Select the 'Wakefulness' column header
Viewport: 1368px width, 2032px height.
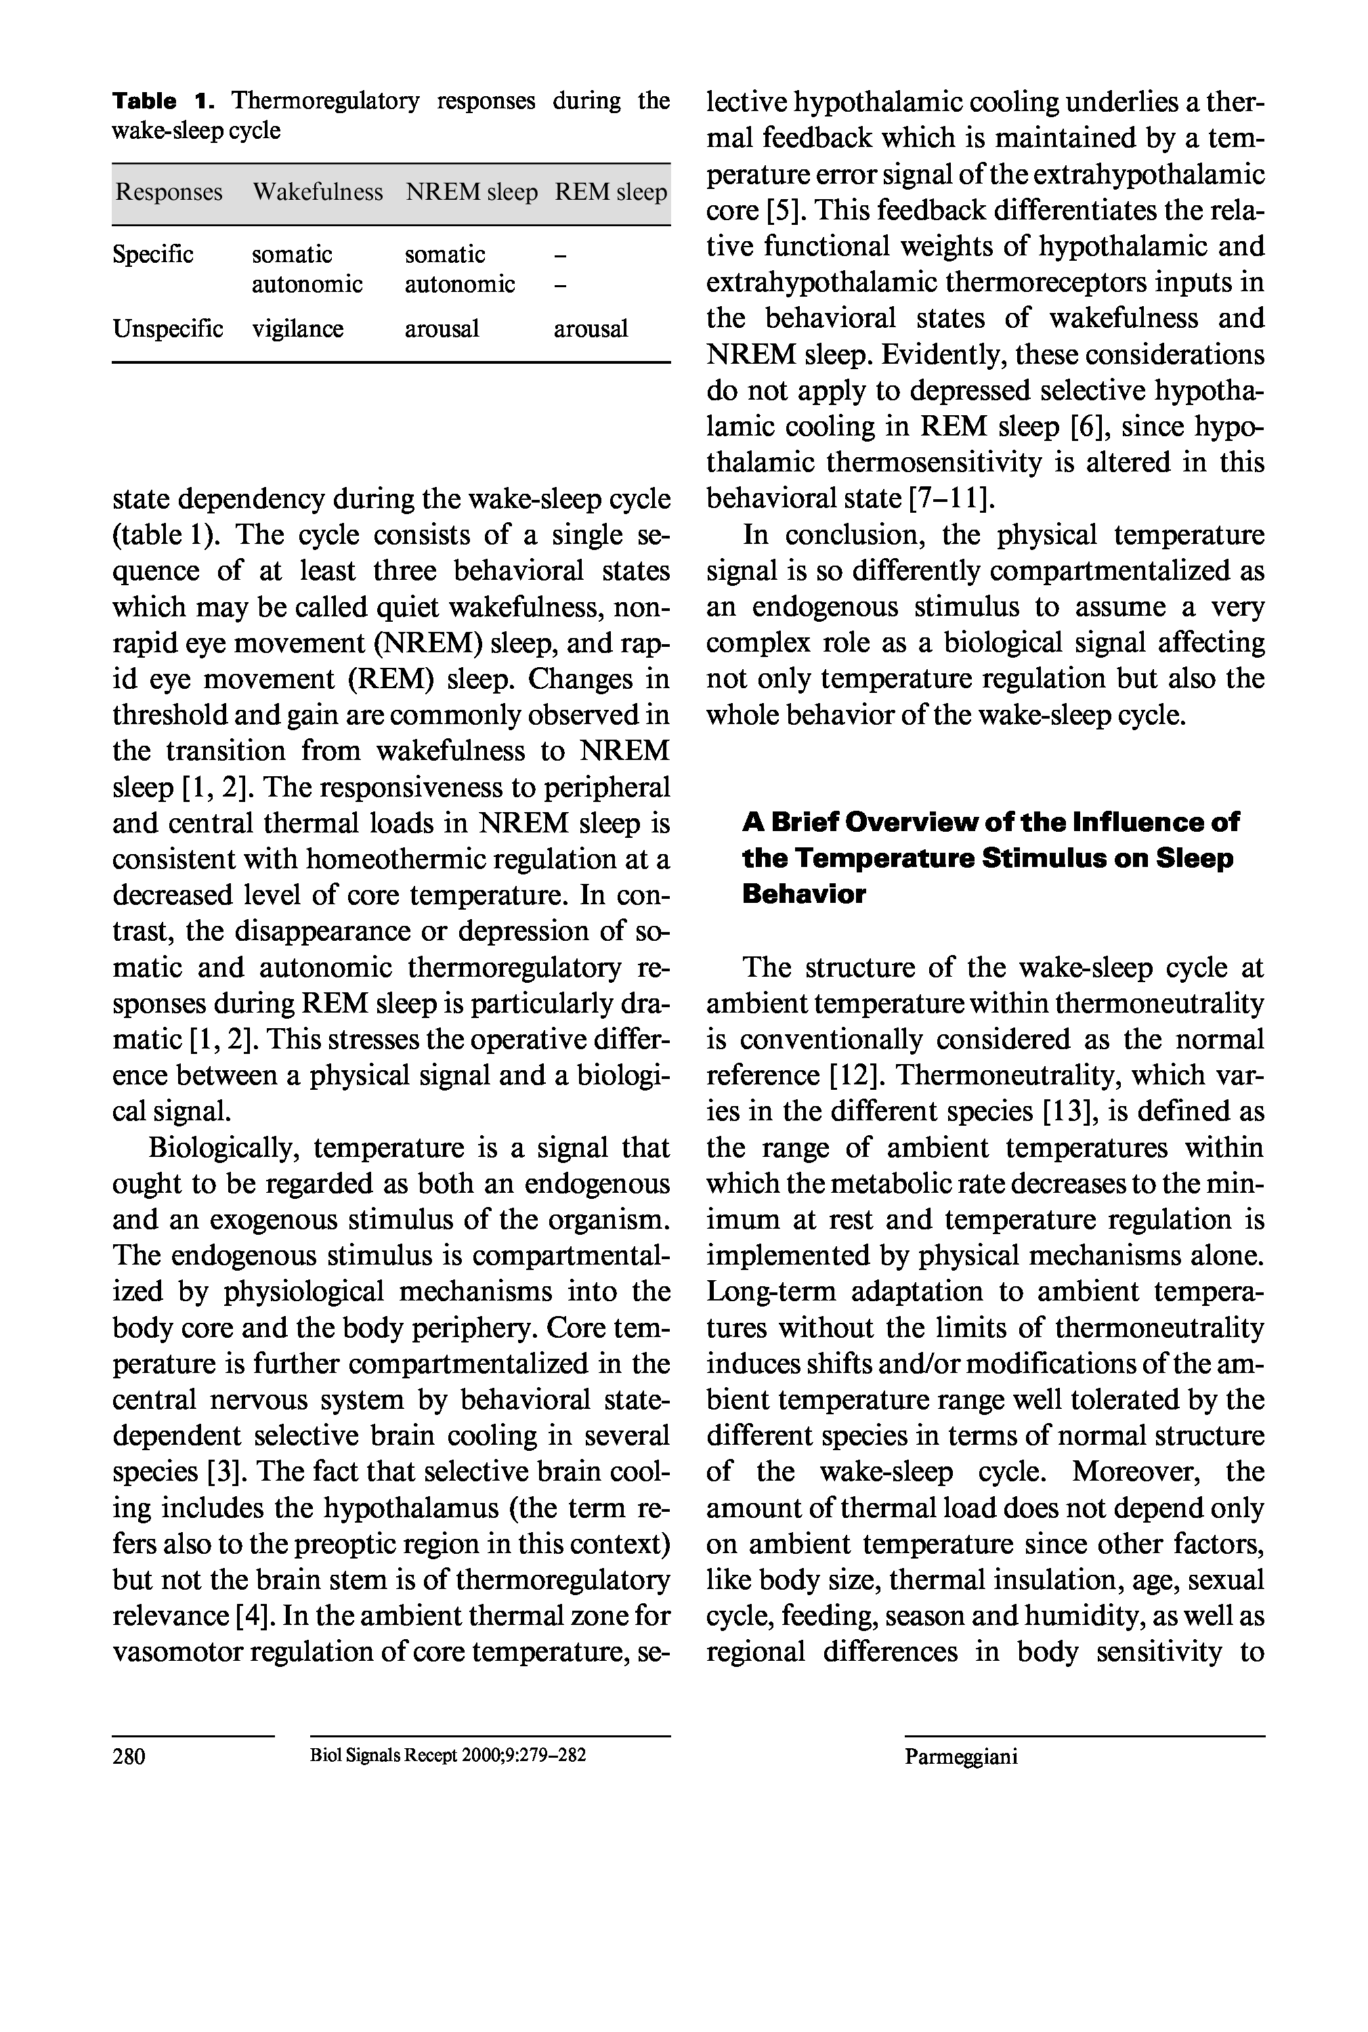coord(318,192)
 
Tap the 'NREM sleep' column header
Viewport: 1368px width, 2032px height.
coord(471,192)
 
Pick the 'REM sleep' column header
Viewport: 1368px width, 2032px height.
coord(611,192)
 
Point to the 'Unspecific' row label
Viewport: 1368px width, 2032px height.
coord(167,329)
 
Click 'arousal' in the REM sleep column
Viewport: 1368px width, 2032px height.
coord(591,329)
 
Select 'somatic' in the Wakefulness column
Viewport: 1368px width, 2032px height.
coord(291,255)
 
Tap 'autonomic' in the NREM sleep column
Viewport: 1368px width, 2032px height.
coord(460,284)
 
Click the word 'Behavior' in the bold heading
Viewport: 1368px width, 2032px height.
coord(803,894)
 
